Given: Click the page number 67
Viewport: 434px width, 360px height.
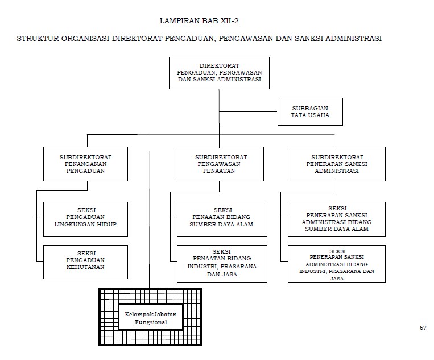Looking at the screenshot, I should [423, 328].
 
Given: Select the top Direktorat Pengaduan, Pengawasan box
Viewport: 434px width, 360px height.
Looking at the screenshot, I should [219, 73].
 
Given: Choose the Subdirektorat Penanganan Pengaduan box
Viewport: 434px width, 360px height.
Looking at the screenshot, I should [86, 164].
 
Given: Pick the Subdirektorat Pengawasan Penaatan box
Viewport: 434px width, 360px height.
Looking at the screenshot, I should [220, 164].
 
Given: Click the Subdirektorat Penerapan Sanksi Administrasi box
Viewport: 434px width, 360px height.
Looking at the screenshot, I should [336, 164].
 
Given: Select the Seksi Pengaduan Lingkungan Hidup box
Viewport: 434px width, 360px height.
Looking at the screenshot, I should [86, 219].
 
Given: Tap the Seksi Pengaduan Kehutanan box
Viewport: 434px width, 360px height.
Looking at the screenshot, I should [86, 262].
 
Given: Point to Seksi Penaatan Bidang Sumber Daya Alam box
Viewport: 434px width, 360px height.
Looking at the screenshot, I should [221, 218].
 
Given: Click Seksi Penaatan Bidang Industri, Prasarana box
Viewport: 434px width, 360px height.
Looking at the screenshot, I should [221, 263].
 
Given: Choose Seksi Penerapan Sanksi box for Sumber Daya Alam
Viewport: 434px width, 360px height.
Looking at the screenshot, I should [336, 219].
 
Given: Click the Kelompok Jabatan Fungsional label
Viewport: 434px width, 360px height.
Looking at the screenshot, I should [151, 317].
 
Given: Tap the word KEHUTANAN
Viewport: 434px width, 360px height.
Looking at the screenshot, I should [86, 267].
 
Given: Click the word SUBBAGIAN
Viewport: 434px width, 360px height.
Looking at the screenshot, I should [310, 107].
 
